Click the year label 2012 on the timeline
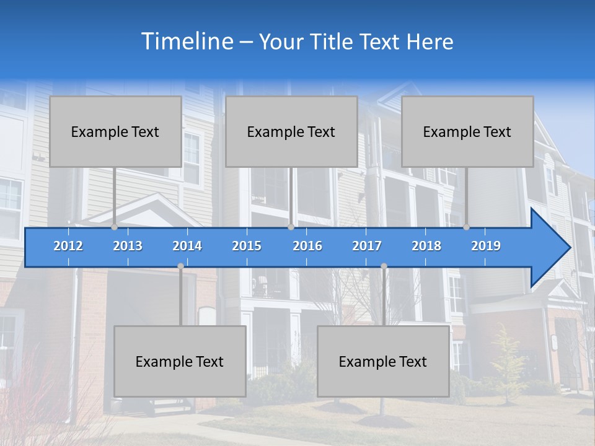coord(68,246)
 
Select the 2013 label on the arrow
coord(128,246)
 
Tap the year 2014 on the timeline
coord(187,246)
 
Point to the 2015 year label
coord(247,246)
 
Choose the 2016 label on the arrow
coord(307,246)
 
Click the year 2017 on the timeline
coord(367,246)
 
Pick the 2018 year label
coord(426,246)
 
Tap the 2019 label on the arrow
coord(486,246)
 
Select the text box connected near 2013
coord(115,131)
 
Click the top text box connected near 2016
coord(291,131)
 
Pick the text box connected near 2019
coord(467,131)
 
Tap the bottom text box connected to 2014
coord(180,361)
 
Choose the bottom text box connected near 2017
coord(383,361)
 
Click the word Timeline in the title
coord(187,41)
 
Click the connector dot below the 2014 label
coord(180,266)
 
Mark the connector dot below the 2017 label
coord(384,266)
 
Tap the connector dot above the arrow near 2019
coord(466,227)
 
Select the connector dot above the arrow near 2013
coord(114,227)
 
